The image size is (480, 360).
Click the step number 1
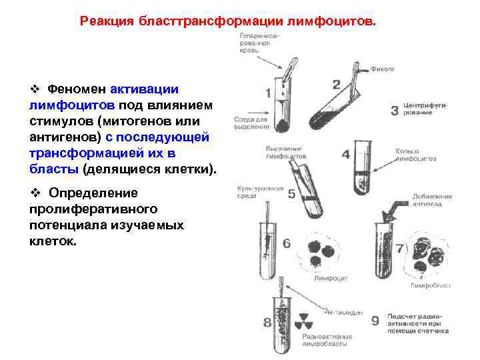tap(269, 92)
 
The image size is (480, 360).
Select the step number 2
tap(336, 85)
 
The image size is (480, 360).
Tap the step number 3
tap(394, 111)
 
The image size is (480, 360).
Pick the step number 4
tap(345, 155)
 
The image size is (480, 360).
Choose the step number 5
tap(292, 194)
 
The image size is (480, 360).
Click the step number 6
tap(287, 243)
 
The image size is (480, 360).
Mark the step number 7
tap(400, 249)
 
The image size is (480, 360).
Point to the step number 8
tap(267, 323)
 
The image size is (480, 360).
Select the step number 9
tap(375, 321)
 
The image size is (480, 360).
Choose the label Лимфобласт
tap(431, 285)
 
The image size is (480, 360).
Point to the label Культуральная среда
tap(261, 192)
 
